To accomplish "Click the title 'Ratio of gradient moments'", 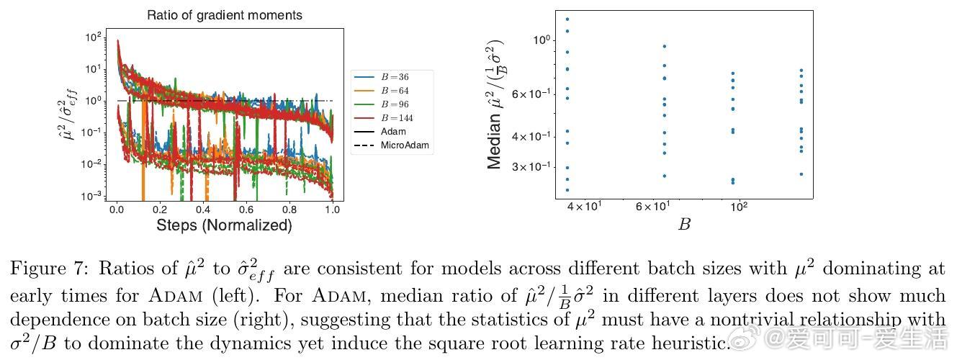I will point(225,15).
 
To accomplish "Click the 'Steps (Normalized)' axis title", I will point(224,225).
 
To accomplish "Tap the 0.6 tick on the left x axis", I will point(246,209).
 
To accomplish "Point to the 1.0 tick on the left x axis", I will point(332,209).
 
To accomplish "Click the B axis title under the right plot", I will point(684,224).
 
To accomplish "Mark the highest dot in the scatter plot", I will point(567,19).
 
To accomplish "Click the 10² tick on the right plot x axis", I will point(738,207).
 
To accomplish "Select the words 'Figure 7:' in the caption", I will point(42,269).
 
